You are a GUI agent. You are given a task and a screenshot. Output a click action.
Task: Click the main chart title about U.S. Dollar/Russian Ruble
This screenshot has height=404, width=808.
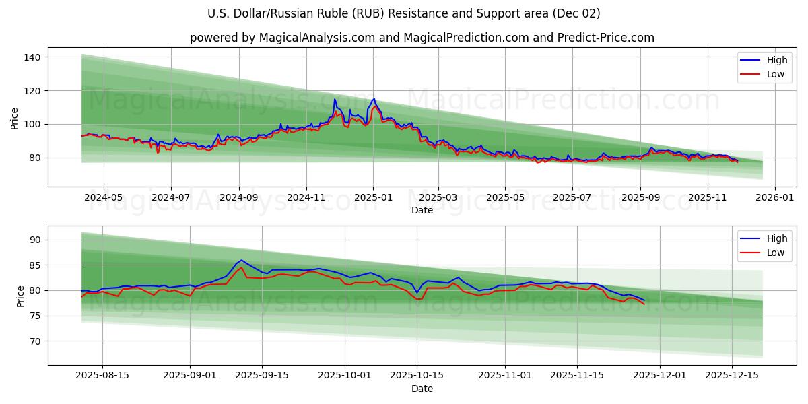point(404,13)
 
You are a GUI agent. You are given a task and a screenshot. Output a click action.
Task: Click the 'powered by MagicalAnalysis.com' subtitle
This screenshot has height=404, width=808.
point(422,38)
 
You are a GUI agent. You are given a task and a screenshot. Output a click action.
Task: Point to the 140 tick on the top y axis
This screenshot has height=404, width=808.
point(32,57)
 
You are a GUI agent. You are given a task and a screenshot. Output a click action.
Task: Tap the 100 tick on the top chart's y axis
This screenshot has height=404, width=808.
point(32,124)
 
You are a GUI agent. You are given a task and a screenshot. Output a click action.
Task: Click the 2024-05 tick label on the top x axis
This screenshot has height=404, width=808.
point(104,198)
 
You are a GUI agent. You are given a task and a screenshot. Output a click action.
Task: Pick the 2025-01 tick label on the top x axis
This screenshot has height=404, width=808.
point(373,198)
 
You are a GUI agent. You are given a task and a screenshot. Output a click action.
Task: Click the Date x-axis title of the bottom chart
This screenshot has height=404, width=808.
point(422,389)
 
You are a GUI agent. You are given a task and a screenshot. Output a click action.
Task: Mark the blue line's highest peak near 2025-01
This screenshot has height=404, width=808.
point(374,99)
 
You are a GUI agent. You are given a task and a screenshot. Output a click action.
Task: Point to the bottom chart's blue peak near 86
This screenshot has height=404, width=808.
point(241,260)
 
